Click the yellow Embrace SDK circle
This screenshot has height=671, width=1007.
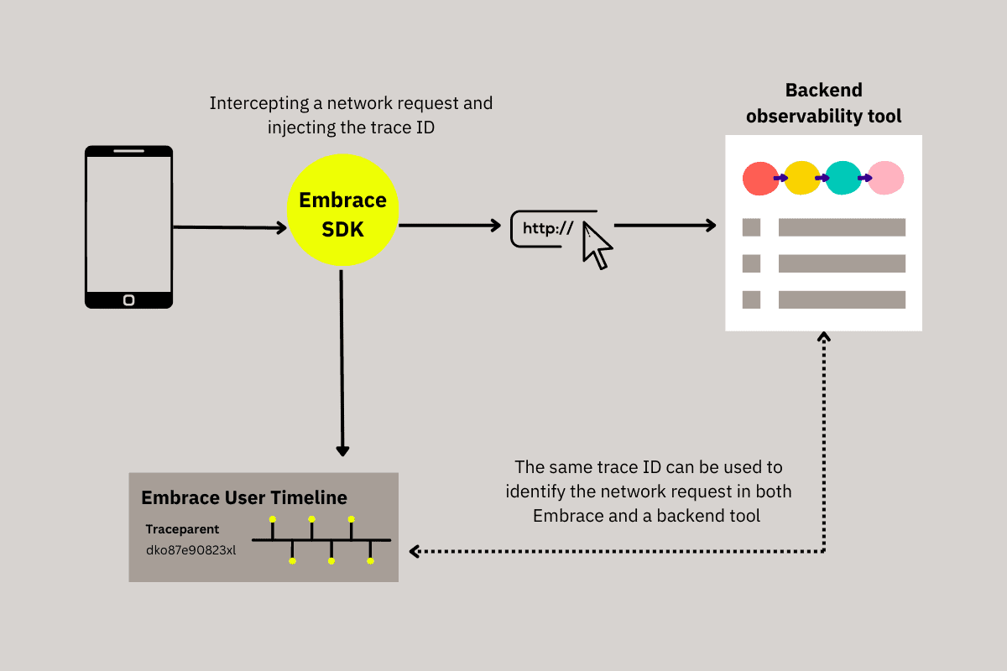(x=342, y=214)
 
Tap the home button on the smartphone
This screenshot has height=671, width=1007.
(x=128, y=299)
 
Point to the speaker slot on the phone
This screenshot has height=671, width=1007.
(x=128, y=152)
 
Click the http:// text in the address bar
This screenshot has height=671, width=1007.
(x=547, y=228)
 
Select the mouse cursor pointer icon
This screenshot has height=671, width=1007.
(x=597, y=245)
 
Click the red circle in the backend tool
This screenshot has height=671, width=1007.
(x=760, y=178)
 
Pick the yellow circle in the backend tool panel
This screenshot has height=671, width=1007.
(x=802, y=178)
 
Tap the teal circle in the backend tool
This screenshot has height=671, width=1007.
(x=843, y=178)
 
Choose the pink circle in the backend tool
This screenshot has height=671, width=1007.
(x=885, y=178)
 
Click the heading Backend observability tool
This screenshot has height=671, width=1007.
(x=823, y=103)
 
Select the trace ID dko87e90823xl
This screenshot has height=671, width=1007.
(x=190, y=550)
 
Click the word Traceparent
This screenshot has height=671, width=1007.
(x=182, y=530)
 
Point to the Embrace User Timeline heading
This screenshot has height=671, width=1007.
(x=243, y=497)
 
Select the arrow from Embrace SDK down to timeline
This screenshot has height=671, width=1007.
(x=342, y=361)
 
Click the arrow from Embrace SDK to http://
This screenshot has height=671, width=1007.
(x=450, y=225)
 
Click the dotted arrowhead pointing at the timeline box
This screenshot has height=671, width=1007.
(x=415, y=551)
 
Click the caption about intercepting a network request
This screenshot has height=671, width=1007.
(x=351, y=116)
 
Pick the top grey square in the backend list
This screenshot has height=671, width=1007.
(x=751, y=226)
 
